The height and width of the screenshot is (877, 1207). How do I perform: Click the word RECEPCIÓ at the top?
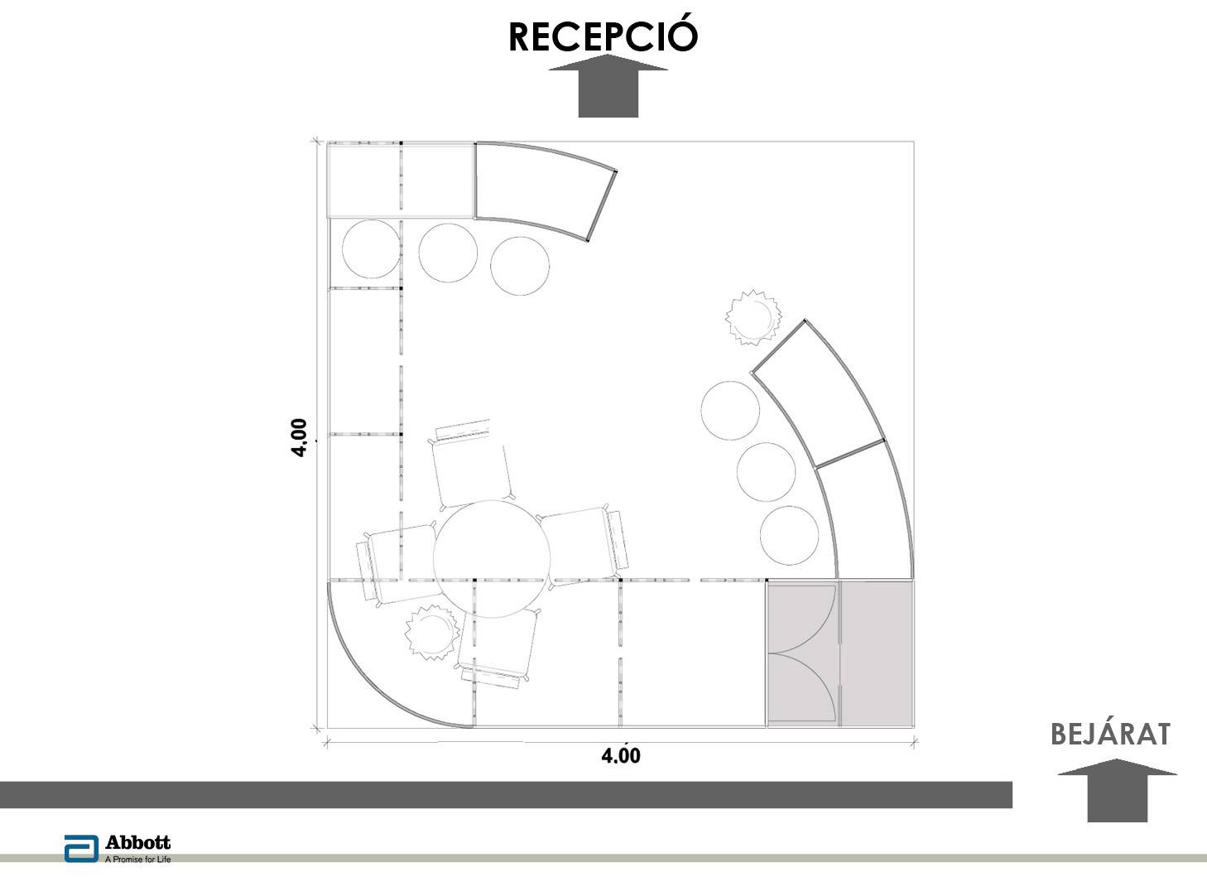603,36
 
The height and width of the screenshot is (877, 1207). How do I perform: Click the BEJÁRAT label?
1110,735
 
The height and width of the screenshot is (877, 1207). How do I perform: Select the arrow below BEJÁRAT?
1117,790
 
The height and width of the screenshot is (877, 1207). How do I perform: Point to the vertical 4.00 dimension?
299,437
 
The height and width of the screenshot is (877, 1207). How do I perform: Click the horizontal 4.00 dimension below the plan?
621,755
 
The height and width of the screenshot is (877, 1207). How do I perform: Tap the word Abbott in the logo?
138,842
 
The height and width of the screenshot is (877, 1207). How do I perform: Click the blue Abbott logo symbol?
81,849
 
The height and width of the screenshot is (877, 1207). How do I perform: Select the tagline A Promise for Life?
138,860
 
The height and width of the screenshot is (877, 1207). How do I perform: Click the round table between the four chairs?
492,558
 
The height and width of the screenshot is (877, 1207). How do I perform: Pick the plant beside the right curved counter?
753,317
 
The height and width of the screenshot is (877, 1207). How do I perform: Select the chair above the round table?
472,465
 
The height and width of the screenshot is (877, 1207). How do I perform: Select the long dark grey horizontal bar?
506,794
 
